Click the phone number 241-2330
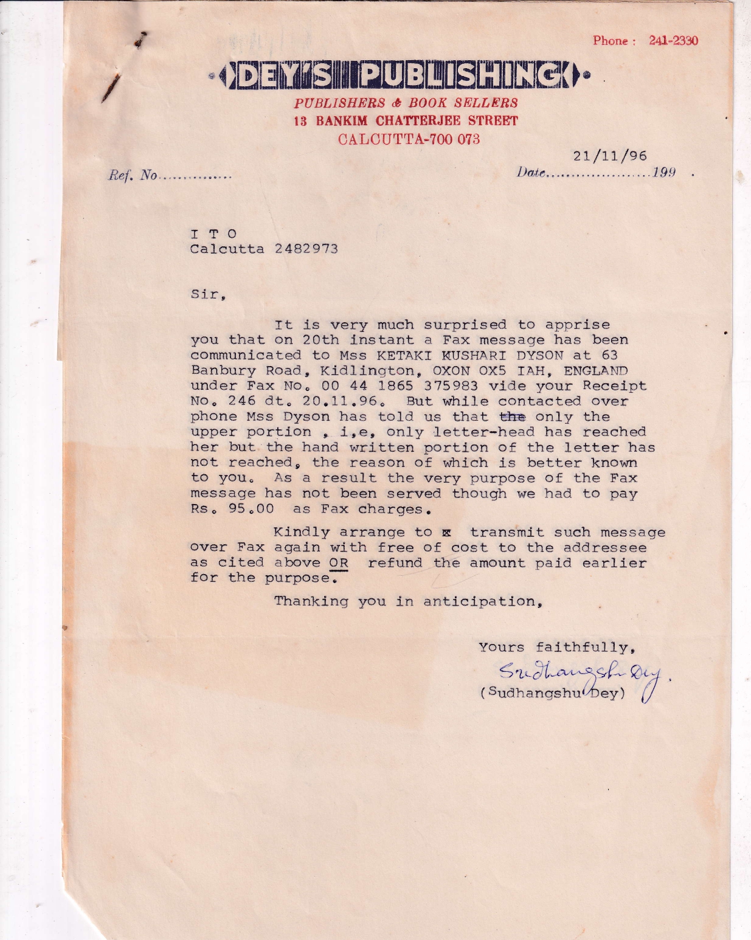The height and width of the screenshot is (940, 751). coord(673,41)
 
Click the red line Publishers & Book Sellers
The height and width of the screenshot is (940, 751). coord(406,103)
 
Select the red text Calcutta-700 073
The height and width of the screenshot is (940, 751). coord(409,139)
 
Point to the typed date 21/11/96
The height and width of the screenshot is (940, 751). coord(610,156)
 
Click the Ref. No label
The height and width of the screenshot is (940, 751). coord(133,176)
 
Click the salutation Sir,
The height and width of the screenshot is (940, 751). coord(208,294)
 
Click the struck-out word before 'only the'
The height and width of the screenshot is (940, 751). coord(513,416)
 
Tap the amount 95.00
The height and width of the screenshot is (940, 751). coord(251,509)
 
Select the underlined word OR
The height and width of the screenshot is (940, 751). coord(339,563)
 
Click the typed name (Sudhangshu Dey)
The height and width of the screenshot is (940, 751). coord(553,693)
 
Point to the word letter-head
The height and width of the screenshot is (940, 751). coord(484,432)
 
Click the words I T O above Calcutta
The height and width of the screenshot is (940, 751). coord(213,233)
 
